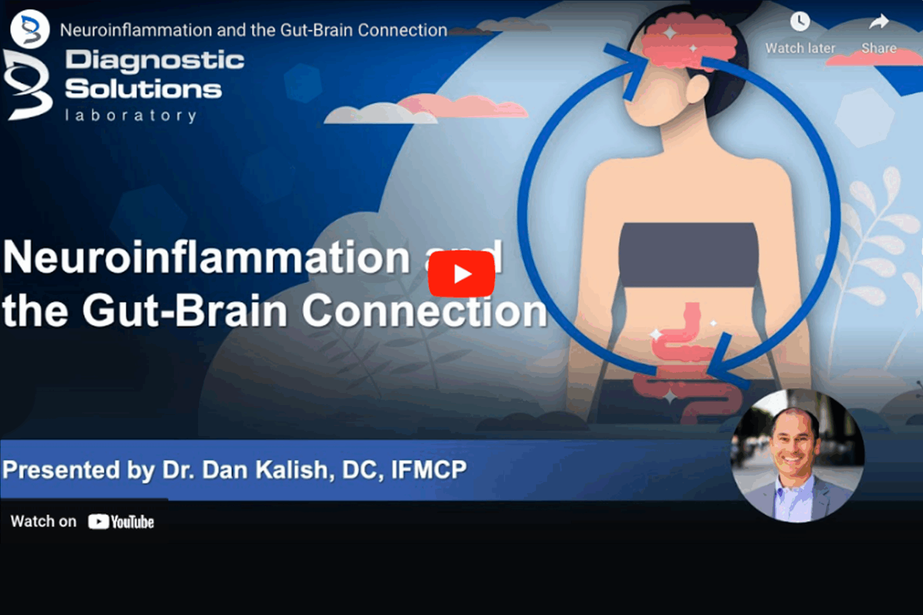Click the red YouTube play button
(x=461, y=274)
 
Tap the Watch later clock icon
(x=800, y=22)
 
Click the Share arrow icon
(x=879, y=22)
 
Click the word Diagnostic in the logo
(x=155, y=61)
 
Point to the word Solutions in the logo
(x=143, y=89)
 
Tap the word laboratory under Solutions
(x=131, y=115)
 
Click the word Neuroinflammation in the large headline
(x=207, y=257)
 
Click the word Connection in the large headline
(x=425, y=311)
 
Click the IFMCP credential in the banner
(x=429, y=470)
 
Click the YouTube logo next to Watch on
(x=121, y=522)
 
